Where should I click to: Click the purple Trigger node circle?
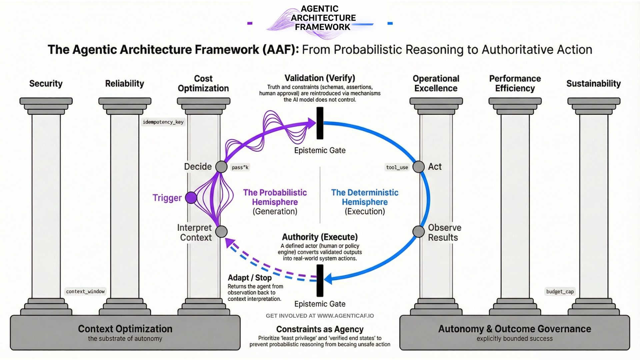tap(191, 198)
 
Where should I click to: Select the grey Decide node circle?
tap(221, 167)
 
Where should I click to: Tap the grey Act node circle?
tap(419, 167)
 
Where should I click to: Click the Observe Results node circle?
tap(418, 231)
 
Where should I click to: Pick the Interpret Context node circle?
tap(221, 231)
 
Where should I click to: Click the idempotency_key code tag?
tap(163, 122)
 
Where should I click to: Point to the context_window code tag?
tap(85, 292)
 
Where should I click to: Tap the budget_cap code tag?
tap(560, 292)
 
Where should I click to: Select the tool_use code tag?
tap(397, 167)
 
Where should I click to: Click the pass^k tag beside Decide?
tap(240, 167)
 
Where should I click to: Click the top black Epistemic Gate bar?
tap(320, 123)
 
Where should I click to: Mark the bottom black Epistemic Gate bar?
tap(320, 280)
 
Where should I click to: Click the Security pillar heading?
tap(46, 84)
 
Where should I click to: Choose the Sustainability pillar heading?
tap(593, 84)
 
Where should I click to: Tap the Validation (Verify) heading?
tap(320, 78)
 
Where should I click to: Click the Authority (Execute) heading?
tap(320, 237)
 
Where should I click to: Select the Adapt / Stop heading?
tap(250, 278)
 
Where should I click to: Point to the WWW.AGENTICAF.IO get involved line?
tap(320, 316)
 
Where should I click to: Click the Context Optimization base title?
tap(125, 329)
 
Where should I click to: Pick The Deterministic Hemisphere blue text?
tap(365, 197)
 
